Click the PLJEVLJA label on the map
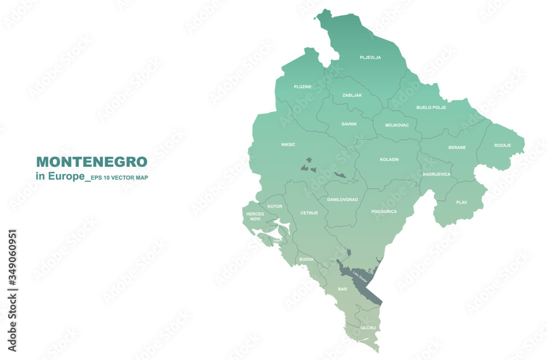pos(370,57)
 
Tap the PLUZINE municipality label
pos(302,86)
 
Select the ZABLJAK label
pos(352,95)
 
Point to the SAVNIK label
pos(349,124)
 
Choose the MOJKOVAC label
pos(397,125)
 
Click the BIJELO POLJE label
pos(431,107)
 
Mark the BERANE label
pos(457,147)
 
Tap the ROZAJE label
pos(503,145)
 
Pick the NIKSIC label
pos(288,144)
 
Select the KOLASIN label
pos(389,160)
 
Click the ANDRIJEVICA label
pos(437,174)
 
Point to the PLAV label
pos(462,202)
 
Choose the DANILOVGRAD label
pos(342,200)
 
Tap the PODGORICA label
pos(384,211)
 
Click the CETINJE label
pos(309,213)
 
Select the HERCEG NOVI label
pos(255,216)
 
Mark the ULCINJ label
pos(368,328)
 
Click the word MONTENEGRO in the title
pos(91,162)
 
